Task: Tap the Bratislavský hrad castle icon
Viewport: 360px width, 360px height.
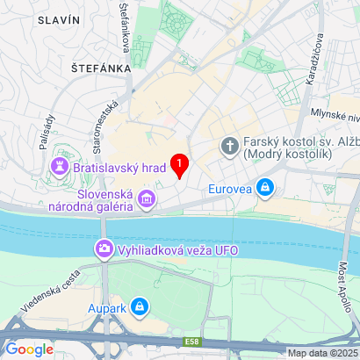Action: point(60,164)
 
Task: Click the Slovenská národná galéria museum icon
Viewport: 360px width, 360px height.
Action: point(146,200)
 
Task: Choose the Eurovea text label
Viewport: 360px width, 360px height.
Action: point(231,187)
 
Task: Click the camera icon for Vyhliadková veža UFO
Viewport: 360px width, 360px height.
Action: point(105,250)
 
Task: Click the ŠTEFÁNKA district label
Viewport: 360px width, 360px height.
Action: point(102,67)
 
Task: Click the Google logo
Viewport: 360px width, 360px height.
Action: point(29,349)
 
